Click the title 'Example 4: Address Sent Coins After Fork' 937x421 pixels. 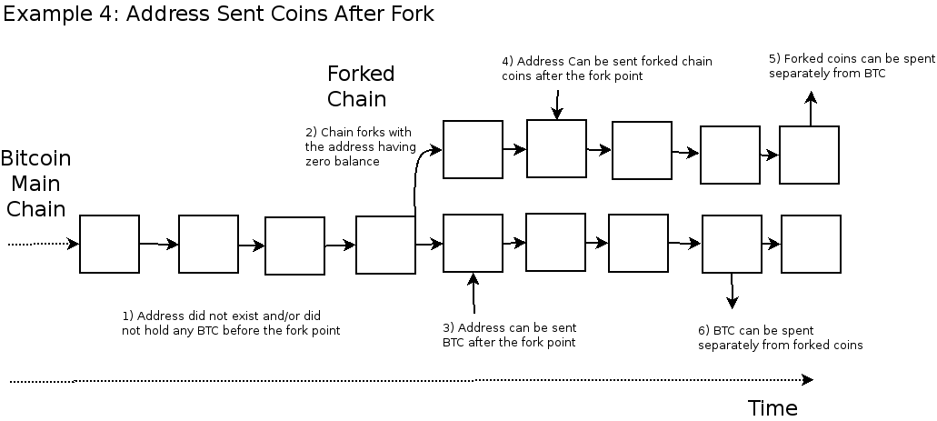point(218,14)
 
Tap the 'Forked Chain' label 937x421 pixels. point(360,85)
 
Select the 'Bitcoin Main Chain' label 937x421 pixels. point(35,183)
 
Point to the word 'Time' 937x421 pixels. point(773,407)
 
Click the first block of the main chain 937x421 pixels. point(109,244)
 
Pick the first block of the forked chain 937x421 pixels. point(473,149)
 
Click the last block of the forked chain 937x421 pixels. point(809,155)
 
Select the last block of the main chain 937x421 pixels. point(811,244)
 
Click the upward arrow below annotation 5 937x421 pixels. point(811,108)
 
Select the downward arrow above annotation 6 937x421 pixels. point(732,291)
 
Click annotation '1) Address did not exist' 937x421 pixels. point(231,323)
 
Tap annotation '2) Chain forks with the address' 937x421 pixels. point(360,146)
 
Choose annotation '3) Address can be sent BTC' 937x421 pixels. point(509,335)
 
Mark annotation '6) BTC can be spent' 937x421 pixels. point(780,337)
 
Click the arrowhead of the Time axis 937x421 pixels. point(807,380)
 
